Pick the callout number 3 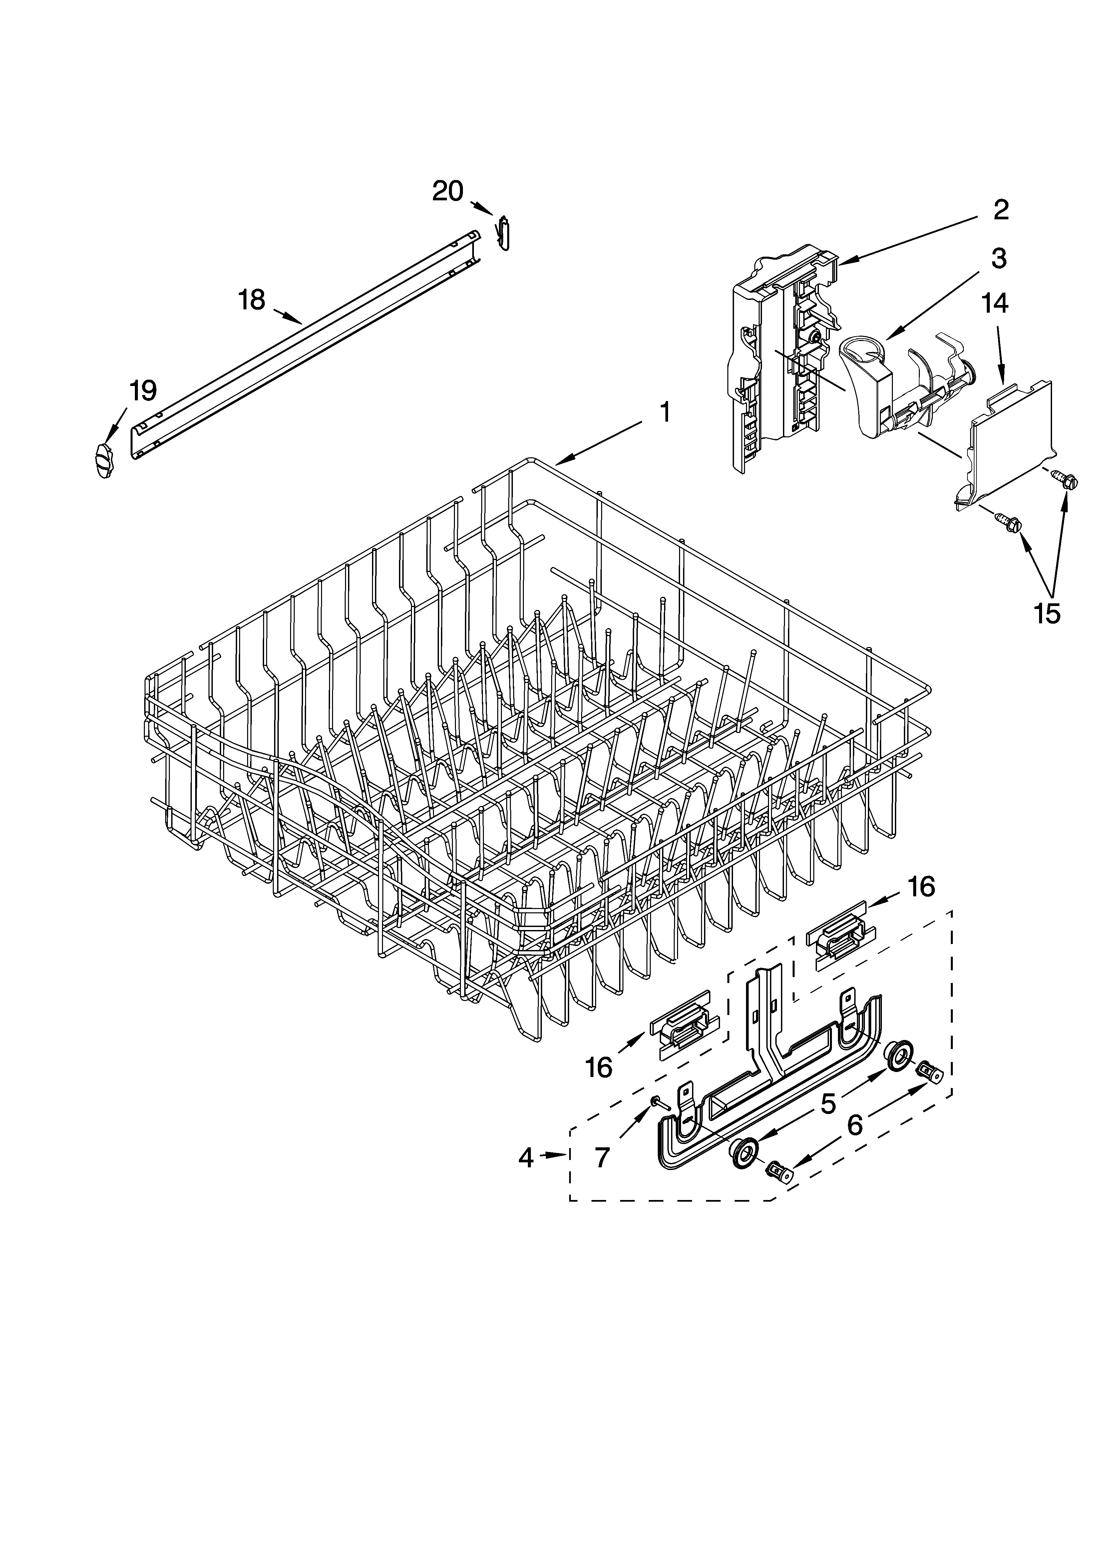997,258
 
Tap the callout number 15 1046,613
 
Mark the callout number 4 526,1157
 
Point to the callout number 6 854,1126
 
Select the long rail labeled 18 306,347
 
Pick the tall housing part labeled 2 781,360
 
